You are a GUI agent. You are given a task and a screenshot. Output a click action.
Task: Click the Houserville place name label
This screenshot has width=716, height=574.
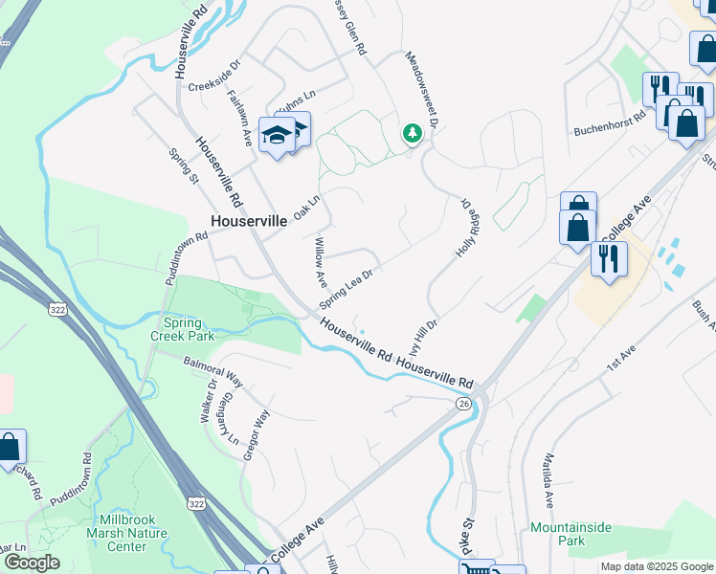point(248,220)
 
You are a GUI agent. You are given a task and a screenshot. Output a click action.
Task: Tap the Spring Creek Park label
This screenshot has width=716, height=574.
point(183,329)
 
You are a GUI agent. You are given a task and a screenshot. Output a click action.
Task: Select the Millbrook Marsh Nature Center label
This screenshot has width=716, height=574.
point(127,533)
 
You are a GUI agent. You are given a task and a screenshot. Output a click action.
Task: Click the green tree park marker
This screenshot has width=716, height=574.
point(413,133)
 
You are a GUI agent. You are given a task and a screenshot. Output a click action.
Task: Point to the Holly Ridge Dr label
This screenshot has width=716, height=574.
point(465,231)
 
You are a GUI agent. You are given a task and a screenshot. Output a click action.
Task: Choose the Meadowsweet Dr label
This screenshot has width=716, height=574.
point(421,91)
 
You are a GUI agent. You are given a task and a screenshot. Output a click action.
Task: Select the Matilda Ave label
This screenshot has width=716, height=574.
point(548,479)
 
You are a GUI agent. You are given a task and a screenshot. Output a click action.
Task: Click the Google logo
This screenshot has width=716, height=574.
point(31,563)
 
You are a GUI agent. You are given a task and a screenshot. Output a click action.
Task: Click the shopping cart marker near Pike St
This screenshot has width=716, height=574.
point(476,567)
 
